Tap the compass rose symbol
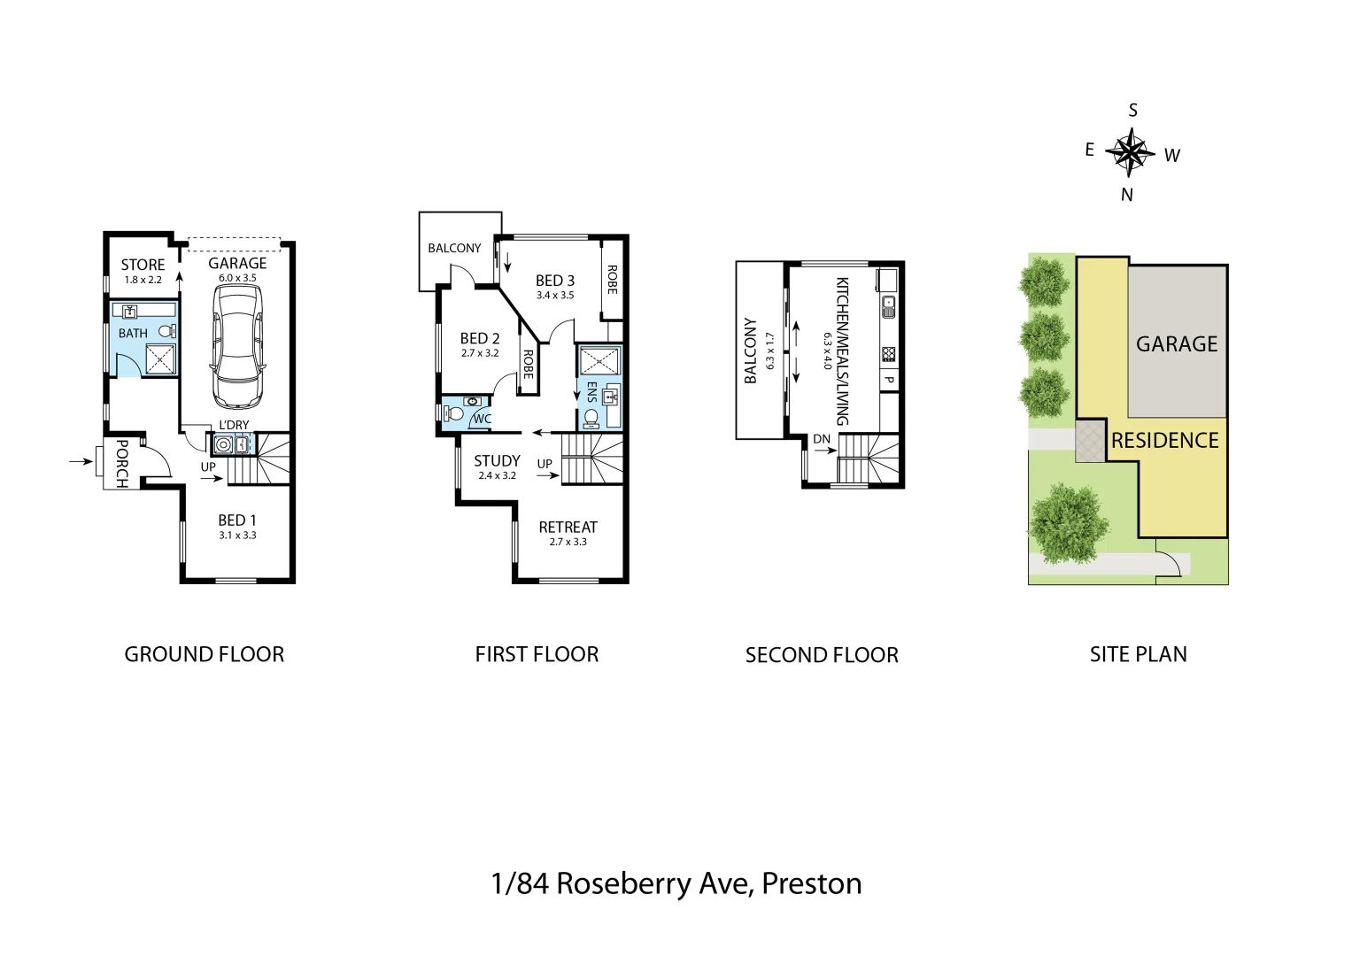(1130, 152)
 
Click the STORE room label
(143, 265)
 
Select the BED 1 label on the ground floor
(237, 520)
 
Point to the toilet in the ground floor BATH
(166, 332)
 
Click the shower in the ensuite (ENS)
(600, 361)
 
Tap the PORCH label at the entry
(121, 463)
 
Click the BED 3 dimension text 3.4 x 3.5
(555, 296)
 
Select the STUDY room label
(497, 460)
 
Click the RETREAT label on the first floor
(568, 527)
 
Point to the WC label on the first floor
(482, 420)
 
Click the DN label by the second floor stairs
(822, 439)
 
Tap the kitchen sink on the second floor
(888, 307)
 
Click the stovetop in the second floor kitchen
(888, 354)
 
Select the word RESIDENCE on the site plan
(1164, 440)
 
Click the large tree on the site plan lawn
(1070, 523)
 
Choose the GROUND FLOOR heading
(204, 654)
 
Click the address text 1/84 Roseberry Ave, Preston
(676, 883)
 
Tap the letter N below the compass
(1127, 195)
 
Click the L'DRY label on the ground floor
(234, 425)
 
